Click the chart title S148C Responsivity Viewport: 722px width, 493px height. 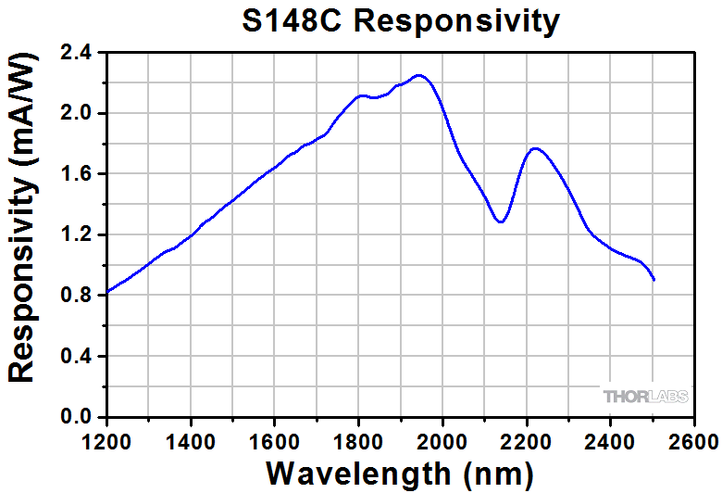tap(400, 20)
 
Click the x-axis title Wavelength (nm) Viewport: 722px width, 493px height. tap(399, 471)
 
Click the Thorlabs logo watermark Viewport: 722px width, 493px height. tap(646, 397)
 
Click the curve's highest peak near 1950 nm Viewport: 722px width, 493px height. tap(419, 75)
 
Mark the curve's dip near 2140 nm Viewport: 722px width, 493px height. tap(500, 222)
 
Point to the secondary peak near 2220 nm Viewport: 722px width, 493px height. tap(535, 148)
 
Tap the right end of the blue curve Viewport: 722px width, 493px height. tap(654, 280)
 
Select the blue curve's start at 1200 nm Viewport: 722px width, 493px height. tap(107, 292)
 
